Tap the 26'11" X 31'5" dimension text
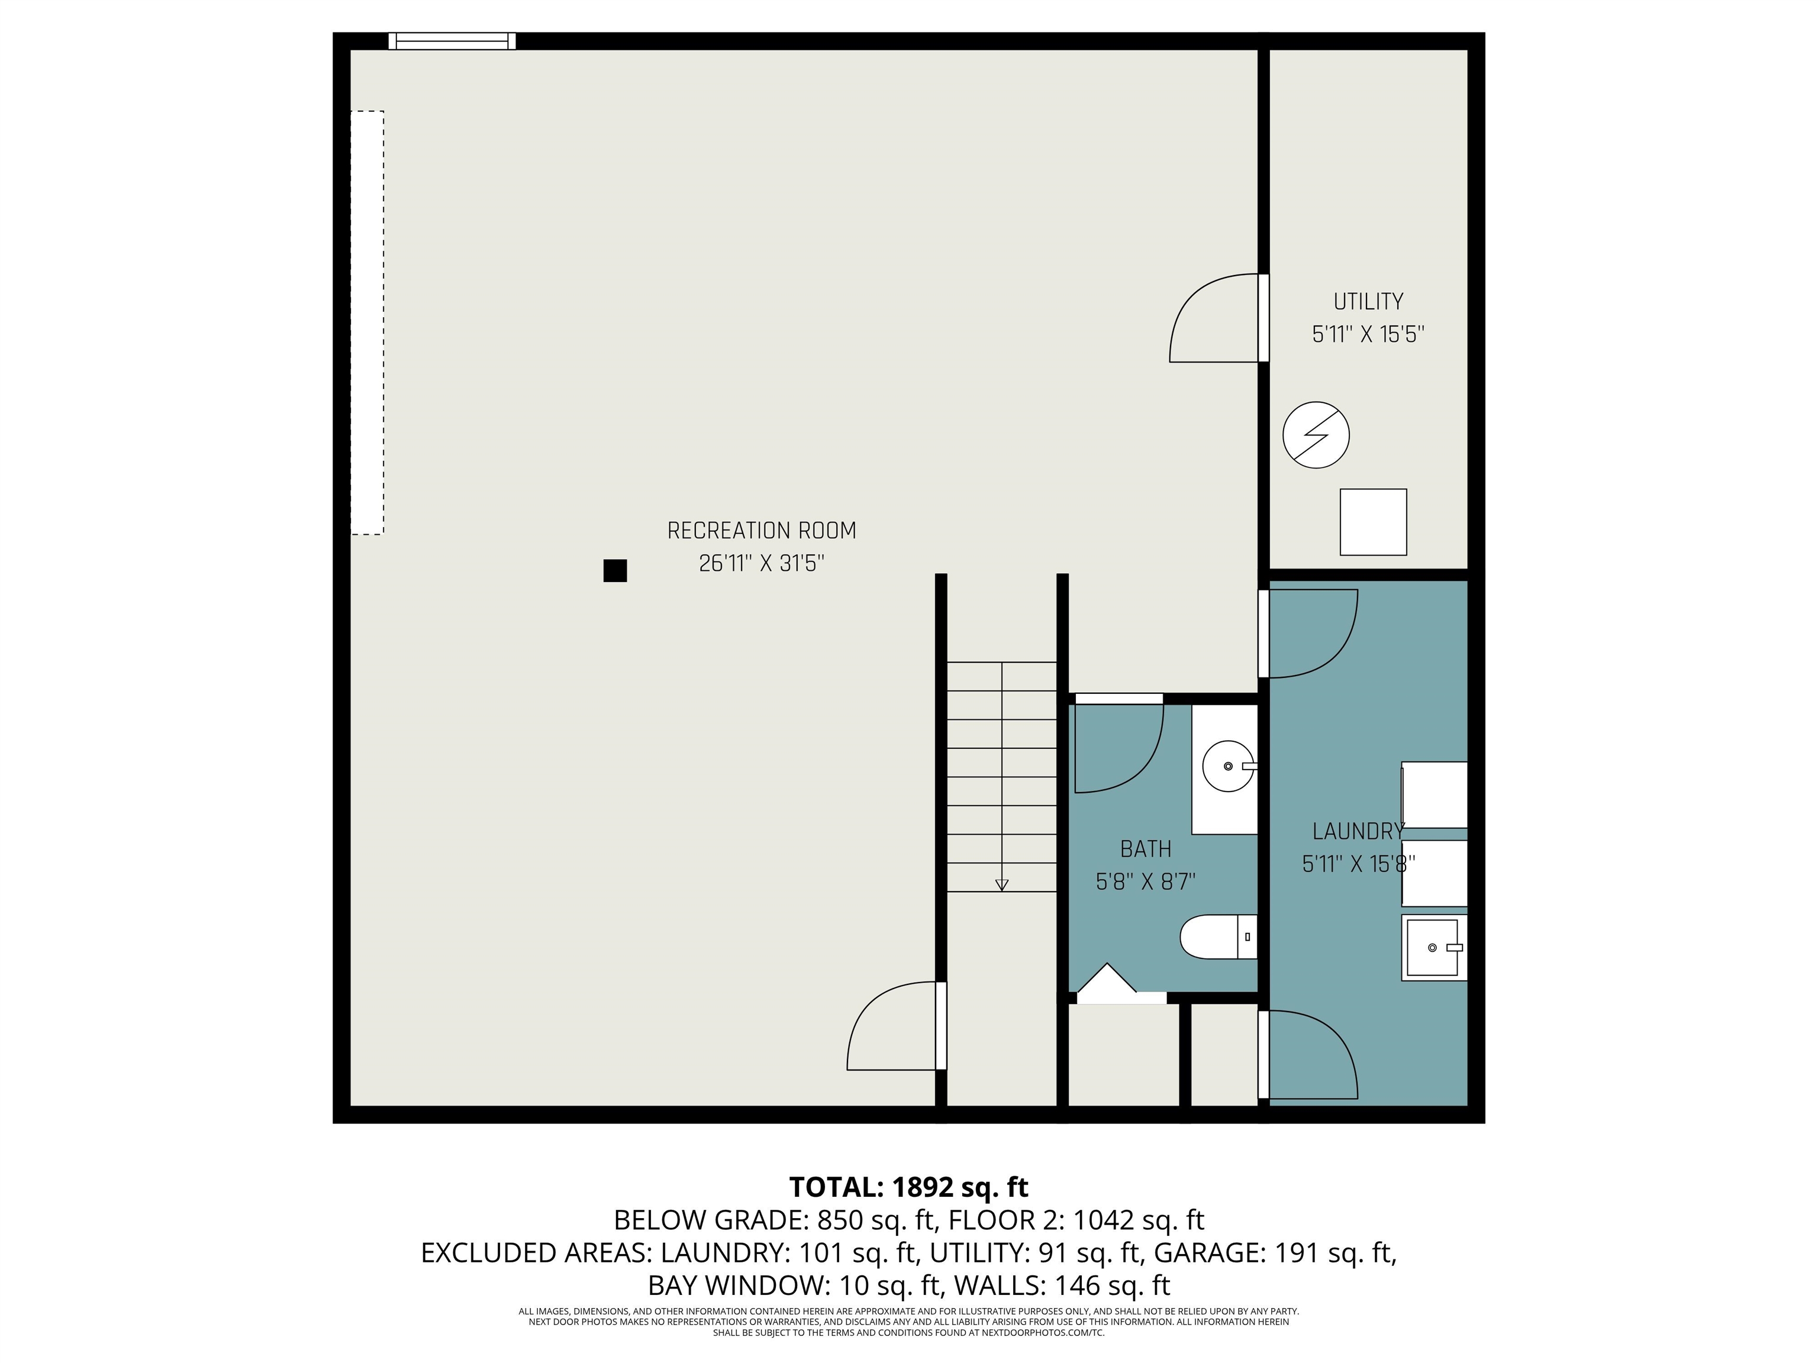click(761, 564)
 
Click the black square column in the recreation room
click(615, 570)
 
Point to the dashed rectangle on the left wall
click(368, 323)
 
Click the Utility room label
click(1368, 302)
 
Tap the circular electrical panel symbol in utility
click(1316, 435)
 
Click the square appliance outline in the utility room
click(1372, 522)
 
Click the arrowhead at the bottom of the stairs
click(1001, 885)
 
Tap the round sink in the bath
click(1228, 766)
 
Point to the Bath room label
click(1145, 849)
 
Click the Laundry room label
click(1357, 831)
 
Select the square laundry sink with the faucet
click(1433, 947)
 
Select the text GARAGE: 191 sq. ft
click(1274, 1253)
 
